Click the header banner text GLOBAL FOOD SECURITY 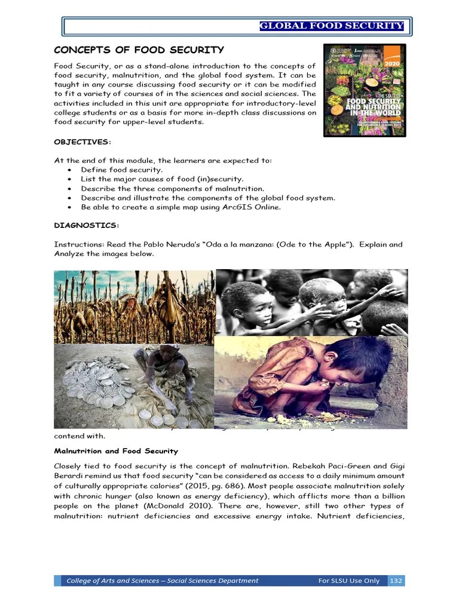pos(332,26)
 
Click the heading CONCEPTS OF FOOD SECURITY pos(139,50)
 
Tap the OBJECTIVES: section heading pos(82,141)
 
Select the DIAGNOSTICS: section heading pos(87,225)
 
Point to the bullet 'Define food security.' pos(122,169)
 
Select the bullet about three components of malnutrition pos(172,189)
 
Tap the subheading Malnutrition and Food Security pos(116,451)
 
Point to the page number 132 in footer pos(396,581)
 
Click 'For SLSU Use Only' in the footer pos(349,581)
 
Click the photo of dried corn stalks pos(134,307)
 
